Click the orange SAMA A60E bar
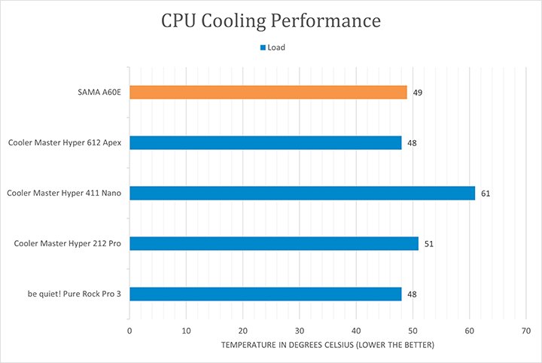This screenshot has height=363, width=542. [x=268, y=92]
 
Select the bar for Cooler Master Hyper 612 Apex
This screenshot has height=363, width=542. [x=265, y=142]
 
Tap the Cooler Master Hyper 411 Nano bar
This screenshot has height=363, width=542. [x=302, y=193]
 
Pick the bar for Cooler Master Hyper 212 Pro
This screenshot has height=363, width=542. [x=273, y=243]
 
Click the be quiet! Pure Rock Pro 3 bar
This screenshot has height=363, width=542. [x=265, y=294]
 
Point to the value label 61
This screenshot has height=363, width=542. [x=486, y=194]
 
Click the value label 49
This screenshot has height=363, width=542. [x=417, y=93]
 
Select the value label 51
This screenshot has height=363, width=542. [x=428, y=244]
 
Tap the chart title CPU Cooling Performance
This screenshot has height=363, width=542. [x=271, y=21]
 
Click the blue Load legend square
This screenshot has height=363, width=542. [x=263, y=47]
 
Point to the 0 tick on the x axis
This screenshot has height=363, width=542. [x=129, y=331]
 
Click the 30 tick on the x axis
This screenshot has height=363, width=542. [x=300, y=331]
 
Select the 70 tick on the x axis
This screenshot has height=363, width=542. [x=526, y=331]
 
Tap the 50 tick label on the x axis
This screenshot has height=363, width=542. [x=413, y=331]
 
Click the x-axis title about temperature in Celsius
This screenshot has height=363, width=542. [x=327, y=345]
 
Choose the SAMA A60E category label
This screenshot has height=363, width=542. [x=99, y=92]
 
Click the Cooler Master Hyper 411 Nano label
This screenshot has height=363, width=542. [x=65, y=193]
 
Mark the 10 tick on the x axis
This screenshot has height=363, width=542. [x=186, y=331]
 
